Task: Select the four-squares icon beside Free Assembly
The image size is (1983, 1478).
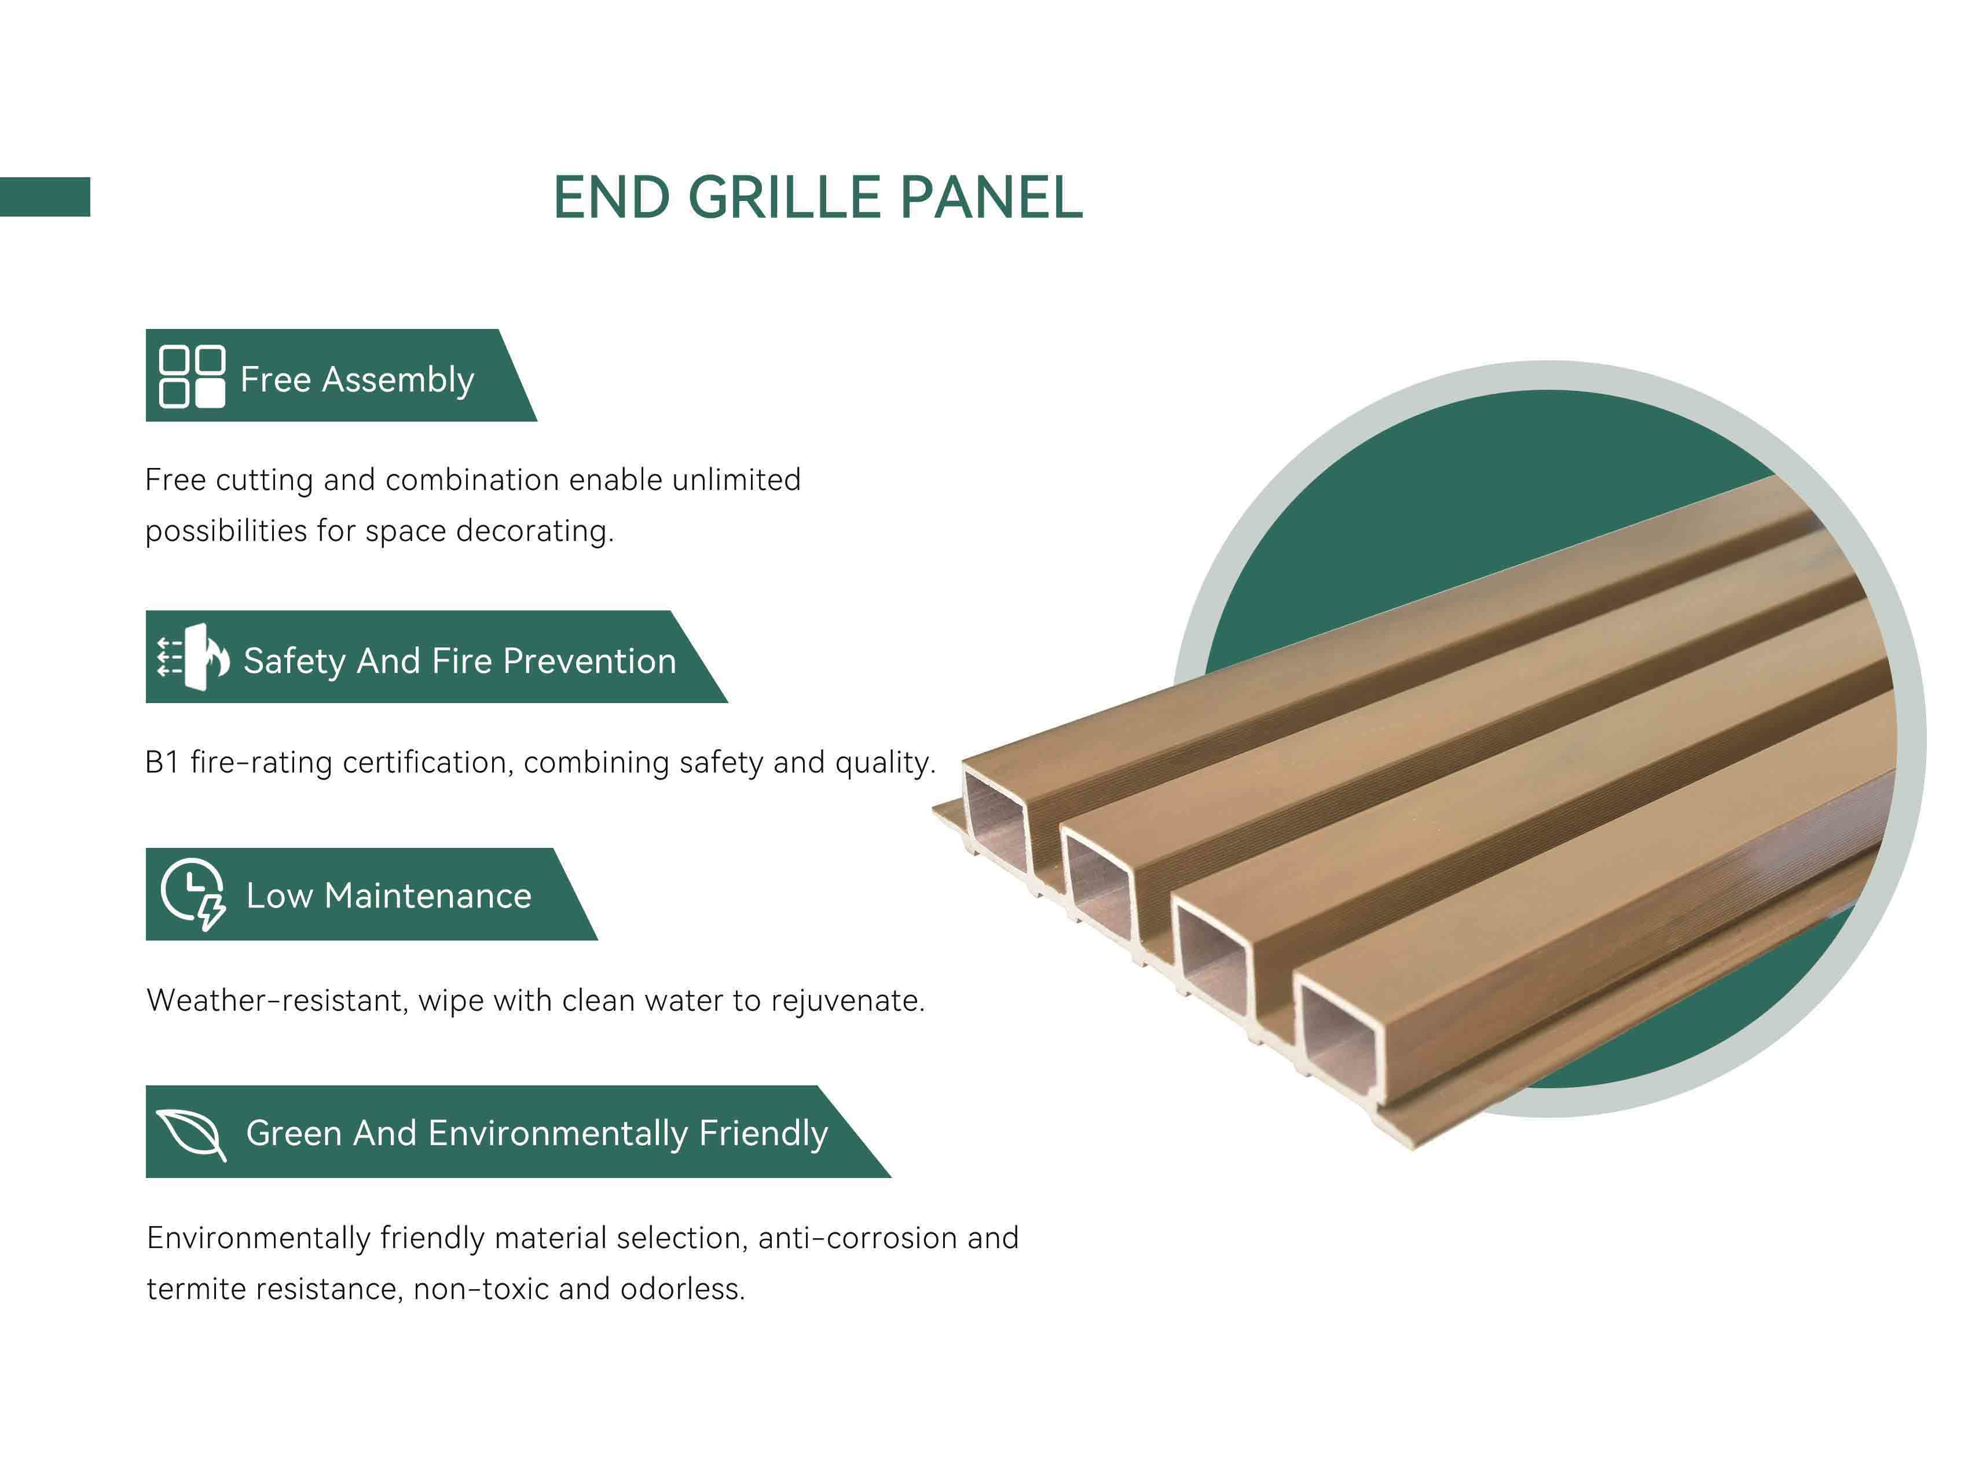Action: click(x=192, y=376)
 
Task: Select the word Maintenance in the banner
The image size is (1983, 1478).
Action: click(x=427, y=895)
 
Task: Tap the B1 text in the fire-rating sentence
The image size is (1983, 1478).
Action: click(x=162, y=762)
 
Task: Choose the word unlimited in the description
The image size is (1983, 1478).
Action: click(x=736, y=480)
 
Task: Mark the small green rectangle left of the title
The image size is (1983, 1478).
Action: click(x=45, y=197)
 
